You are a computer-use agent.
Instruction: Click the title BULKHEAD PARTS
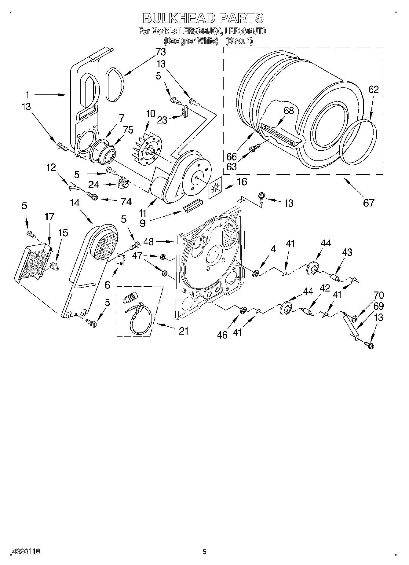click(x=203, y=18)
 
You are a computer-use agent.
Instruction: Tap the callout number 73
click(x=161, y=52)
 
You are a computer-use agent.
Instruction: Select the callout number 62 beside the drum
click(x=373, y=90)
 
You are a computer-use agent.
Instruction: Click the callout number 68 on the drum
click(x=289, y=111)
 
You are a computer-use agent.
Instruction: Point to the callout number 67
click(x=369, y=203)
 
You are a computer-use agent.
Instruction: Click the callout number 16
click(x=242, y=182)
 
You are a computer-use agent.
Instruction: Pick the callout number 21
click(x=184, y=331)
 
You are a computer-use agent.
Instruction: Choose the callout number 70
click(x=378, y=295)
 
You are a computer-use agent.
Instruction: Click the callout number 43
click(x=347, y=252)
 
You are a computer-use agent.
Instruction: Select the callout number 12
click(x=51, y=167)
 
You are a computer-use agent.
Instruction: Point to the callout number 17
click(x=49, y=217)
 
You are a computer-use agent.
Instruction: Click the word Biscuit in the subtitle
click(x=239, y=41)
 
